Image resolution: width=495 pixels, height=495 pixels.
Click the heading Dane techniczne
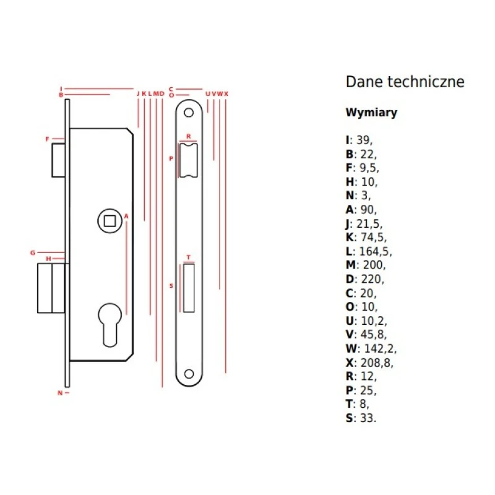coord(405,82)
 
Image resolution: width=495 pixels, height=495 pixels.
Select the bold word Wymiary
coord(371,113)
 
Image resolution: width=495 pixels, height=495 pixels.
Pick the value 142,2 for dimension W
coord(379,348)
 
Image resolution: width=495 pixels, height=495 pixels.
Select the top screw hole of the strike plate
coord(189,112)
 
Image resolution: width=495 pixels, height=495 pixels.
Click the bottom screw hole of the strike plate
coord(189,374)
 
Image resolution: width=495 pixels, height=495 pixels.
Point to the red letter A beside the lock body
coord(126,216)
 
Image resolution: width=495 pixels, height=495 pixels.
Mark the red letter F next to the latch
coord(47,139)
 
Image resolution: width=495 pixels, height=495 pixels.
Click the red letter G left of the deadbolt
coord(33,252)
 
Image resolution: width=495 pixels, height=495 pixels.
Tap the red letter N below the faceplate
coord(60,393)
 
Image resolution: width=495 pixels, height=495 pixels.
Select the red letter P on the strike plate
coord(171,158)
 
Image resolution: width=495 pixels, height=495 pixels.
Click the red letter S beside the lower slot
coord(171,286)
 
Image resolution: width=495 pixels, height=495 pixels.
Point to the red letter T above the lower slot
coord(188,257)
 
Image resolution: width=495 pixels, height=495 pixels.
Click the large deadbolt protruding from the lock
coord(51,288)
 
